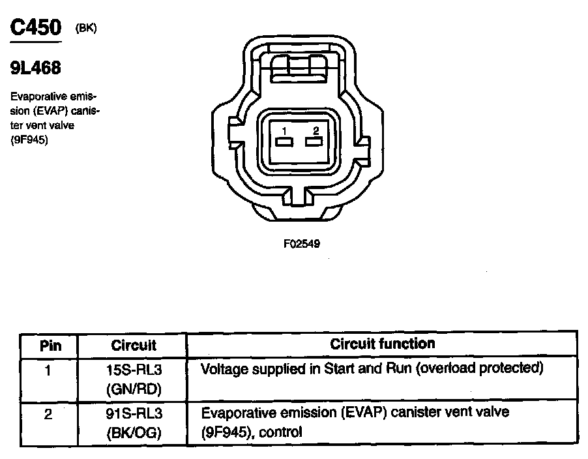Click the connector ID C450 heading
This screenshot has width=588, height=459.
pos(37,27)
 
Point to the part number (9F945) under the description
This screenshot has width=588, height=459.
pos(29,138)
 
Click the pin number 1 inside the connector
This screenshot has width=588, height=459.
pos(284,131)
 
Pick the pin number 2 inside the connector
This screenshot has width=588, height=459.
pos(316,131)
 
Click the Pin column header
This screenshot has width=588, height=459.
pos(50,345)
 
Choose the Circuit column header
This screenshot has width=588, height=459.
pos(134,345)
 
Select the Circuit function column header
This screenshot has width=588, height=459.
pos(382,344)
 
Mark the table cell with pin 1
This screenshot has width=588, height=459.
pos(48,370)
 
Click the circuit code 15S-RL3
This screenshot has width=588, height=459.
pos(134,370)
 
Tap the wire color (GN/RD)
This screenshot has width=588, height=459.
pos(134,389)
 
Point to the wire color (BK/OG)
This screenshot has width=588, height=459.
pos(134,432)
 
